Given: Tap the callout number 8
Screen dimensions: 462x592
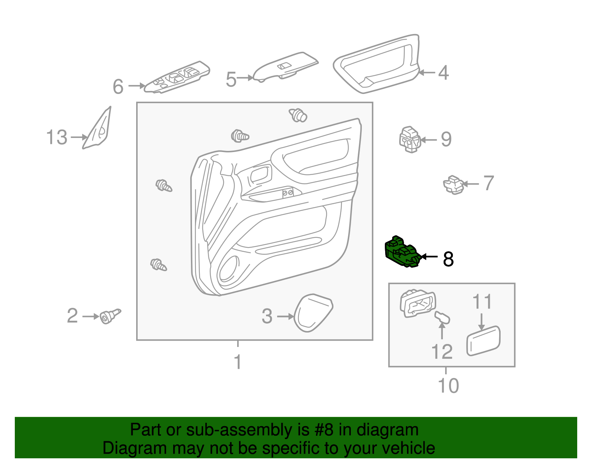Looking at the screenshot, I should [448, 259].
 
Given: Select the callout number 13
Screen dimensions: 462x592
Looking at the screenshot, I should [57, 137].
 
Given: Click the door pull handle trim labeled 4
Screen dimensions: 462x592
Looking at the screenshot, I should [377, 65].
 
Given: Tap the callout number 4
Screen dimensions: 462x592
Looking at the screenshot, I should [443, 72].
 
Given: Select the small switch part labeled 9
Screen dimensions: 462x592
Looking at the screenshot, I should [410, 140].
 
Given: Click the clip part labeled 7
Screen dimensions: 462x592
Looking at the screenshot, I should [454, 184].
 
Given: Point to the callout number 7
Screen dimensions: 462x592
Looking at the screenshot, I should [489, 183].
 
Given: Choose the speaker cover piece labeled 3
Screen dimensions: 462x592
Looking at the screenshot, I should [313, 313].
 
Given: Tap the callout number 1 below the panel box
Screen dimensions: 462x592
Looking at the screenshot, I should [238, 362].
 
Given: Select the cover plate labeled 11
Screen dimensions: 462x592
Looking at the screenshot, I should [483, 341].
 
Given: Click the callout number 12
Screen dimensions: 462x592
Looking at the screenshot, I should [442, 351].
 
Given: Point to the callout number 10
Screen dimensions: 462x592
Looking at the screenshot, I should [448, 385].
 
